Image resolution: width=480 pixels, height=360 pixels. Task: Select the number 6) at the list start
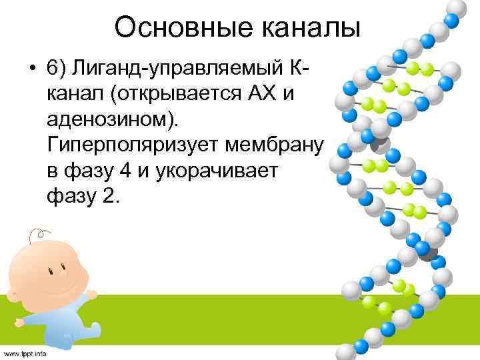(57, 69)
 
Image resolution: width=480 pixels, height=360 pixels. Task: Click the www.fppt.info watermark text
(25, 353)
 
